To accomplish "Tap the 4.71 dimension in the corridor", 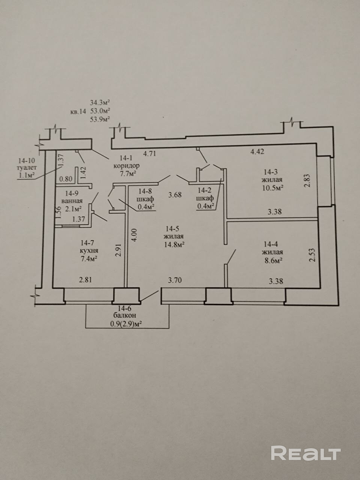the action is point(150,153).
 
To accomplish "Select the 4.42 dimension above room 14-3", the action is point(257,151).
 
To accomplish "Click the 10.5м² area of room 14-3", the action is point(273,187).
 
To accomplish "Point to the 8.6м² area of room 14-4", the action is point(272,260).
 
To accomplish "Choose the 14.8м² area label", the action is point(175,244).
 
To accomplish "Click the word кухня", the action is point(89,250).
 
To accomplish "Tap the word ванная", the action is point(72,201).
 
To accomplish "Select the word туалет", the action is point(27,168).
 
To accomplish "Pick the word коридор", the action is point(126,166).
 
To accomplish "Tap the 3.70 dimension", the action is point(175,280).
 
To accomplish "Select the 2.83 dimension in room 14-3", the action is point(307,180).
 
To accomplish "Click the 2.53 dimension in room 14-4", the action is point(313,255).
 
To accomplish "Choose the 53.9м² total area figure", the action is point(100,119).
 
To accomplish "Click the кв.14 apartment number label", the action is point(78,112).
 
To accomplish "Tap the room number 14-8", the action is point(145,191).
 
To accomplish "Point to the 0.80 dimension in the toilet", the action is point(66,178).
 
